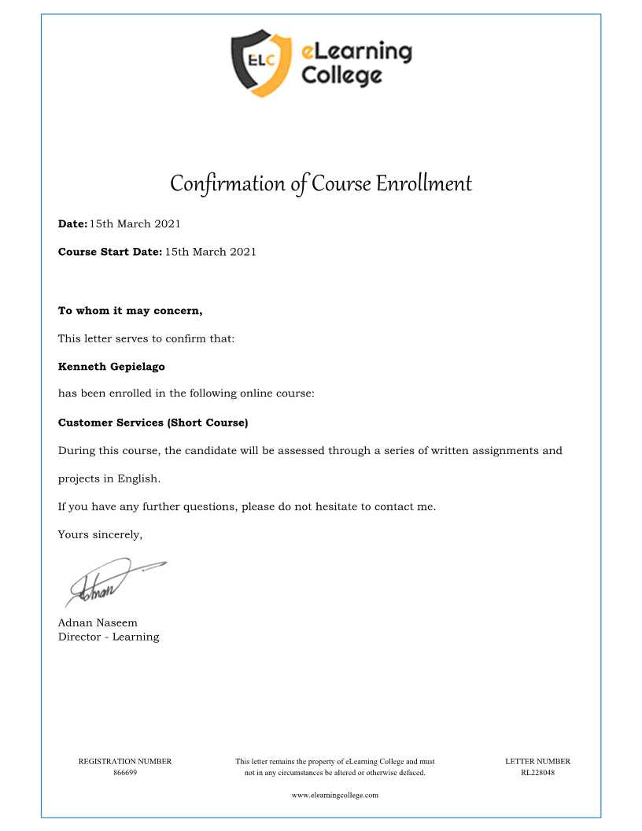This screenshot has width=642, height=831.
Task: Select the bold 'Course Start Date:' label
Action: tap(110, 252)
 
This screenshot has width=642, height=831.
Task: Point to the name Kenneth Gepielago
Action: tap(112, 367)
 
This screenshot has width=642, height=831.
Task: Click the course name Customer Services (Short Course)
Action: tap(153, 423)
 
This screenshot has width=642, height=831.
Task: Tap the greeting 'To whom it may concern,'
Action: tap(131, 311)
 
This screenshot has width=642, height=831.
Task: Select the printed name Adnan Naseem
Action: tap(98, 622)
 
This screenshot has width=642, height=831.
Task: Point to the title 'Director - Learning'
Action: tap(109, 637)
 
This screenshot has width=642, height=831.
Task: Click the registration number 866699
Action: tap(125, 773)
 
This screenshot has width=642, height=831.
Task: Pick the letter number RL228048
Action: tap(537, 773)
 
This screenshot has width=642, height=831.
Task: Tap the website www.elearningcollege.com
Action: tap(335, 795)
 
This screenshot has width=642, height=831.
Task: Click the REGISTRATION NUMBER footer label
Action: tap(125, 762)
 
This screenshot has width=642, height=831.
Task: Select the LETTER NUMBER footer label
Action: tap(537, 762)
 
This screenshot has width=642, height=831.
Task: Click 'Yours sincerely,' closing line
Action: tap(100, 535)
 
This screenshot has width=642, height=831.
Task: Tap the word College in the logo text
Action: tap(342, 76)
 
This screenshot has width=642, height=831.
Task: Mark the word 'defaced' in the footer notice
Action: tap(409, 773)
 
